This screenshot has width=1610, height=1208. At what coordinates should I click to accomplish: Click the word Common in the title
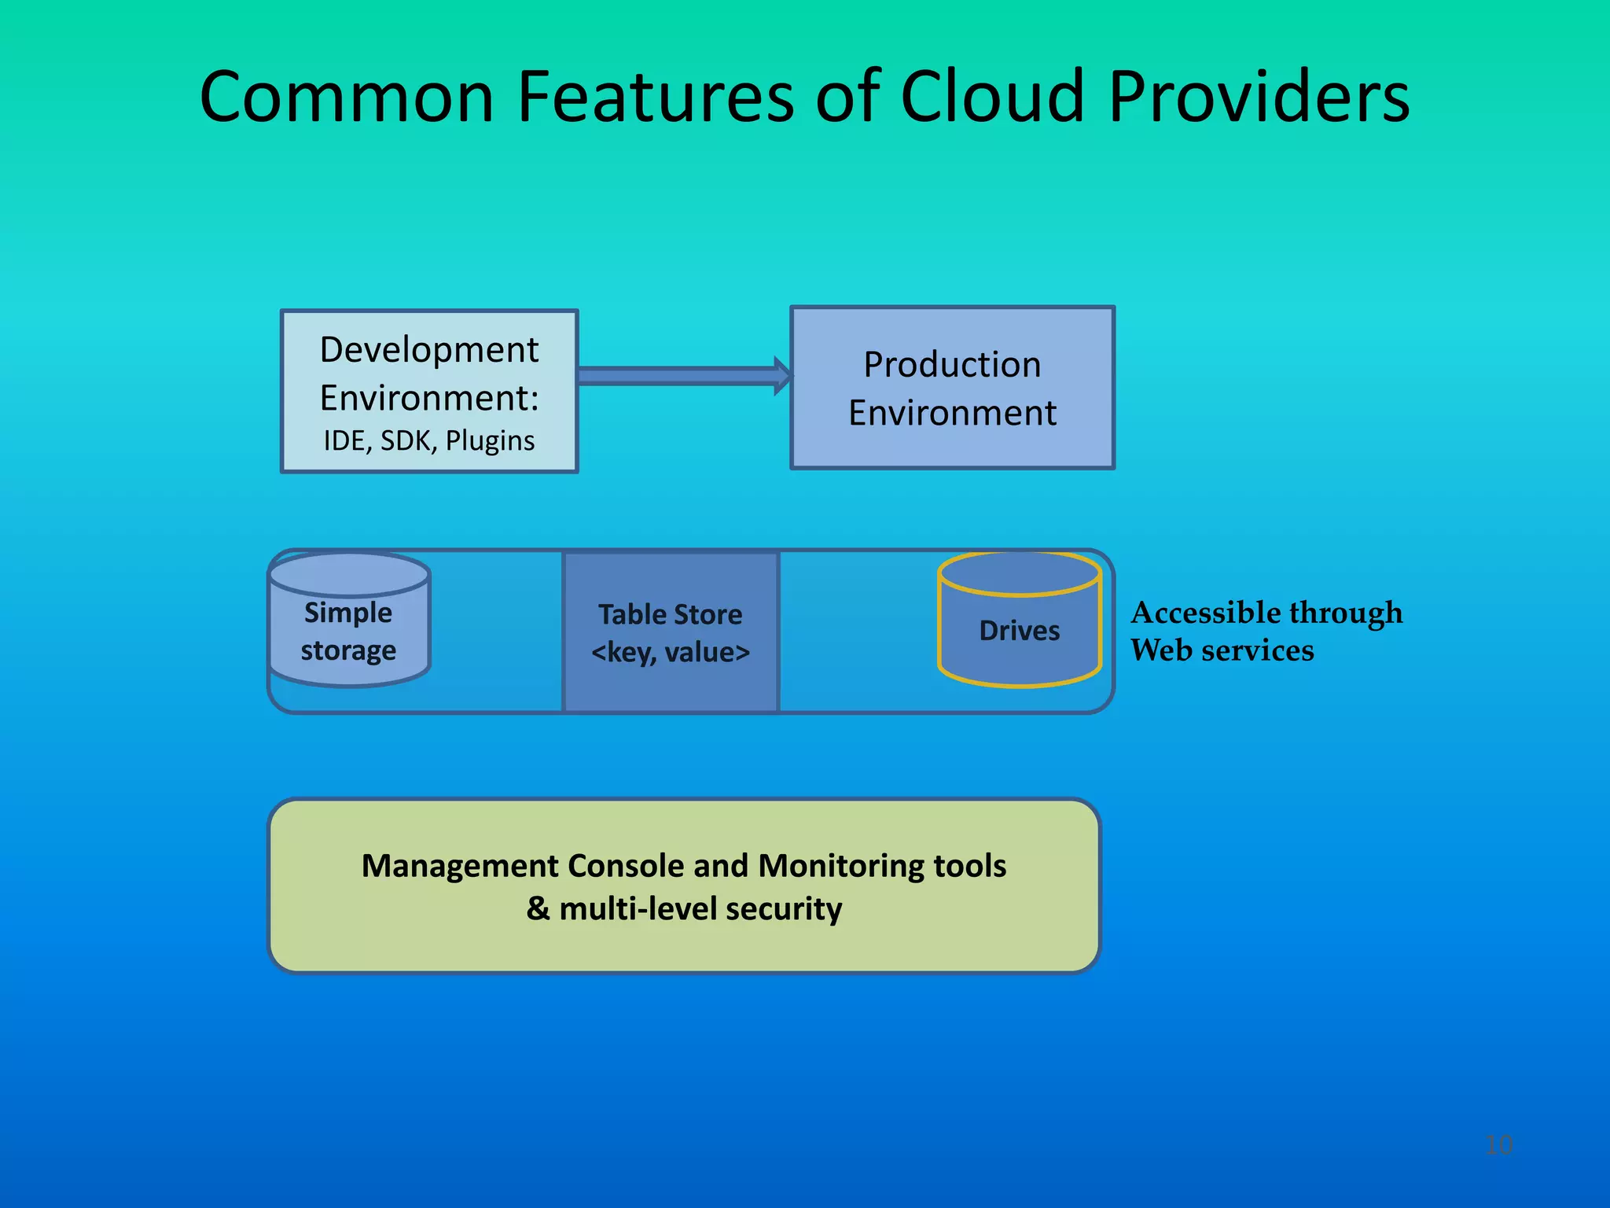tap(346, 98)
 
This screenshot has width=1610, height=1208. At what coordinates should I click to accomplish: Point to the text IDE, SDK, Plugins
tap(429, 440)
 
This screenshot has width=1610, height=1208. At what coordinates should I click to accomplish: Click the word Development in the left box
tap(429, 349)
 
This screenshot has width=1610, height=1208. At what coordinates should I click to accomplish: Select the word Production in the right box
tap(952, 364)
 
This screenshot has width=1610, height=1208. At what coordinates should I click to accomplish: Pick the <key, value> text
tap(671, 652)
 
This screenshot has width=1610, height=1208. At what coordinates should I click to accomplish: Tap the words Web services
tap(1222, 650)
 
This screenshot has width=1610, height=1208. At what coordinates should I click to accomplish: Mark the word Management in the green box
tap(459, 866)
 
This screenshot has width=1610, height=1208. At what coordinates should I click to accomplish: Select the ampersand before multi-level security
tap(538, 908)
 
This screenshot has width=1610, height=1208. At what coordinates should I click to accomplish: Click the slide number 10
tap(1498, 1144)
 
